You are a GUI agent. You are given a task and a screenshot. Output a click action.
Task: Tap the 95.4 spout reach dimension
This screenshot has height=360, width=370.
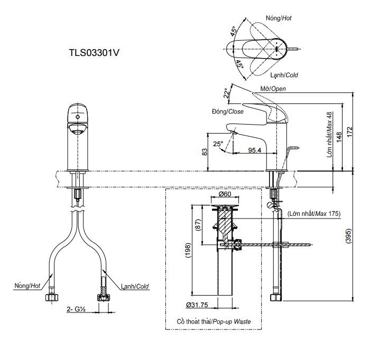[x=255, y=150]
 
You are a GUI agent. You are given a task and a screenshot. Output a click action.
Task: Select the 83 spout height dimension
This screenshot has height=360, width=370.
[x=205, y=151]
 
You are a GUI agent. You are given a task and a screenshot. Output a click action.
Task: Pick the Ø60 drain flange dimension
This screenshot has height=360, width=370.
[x=225, y=194]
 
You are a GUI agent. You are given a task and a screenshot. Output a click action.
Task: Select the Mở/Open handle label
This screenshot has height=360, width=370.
[x=273, y=89]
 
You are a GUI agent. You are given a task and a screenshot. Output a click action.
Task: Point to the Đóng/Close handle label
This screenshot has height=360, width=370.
[x=227, y=112]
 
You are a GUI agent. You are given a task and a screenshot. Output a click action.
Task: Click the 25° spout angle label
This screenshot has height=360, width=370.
[x=218, y=144]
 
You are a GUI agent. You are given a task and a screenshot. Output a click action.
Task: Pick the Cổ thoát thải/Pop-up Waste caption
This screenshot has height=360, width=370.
[x=214, y=321]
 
